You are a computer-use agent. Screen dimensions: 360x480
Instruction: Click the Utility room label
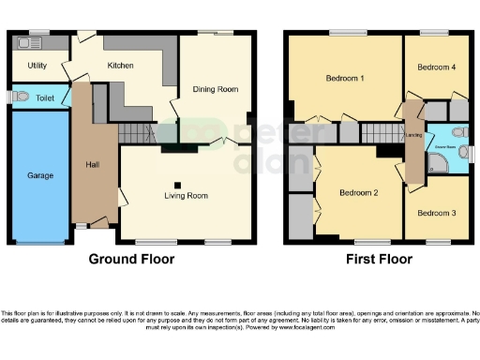[x=37, y=67]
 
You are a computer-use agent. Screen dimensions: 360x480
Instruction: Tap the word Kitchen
[x=121, y=66]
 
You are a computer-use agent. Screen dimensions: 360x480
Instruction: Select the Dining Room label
[x=215, y=89]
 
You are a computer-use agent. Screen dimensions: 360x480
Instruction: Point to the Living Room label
[x=186, y=196]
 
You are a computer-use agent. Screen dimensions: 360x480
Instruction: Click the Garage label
[x=39, y=175]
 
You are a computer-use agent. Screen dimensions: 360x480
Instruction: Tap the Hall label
[x=93, y=164]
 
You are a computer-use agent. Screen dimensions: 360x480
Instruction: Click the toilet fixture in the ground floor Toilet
[x=19, y=97]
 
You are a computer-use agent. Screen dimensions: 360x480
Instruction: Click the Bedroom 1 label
[x=345, y=77]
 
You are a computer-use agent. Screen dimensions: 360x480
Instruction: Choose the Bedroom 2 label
[x=358, y=193]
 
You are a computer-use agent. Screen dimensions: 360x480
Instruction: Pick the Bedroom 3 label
[x=436, y=213]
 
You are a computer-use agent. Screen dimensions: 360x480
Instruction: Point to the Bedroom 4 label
[x=436, y=67]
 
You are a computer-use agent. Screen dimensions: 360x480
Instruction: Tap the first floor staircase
[x=379, y=132]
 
